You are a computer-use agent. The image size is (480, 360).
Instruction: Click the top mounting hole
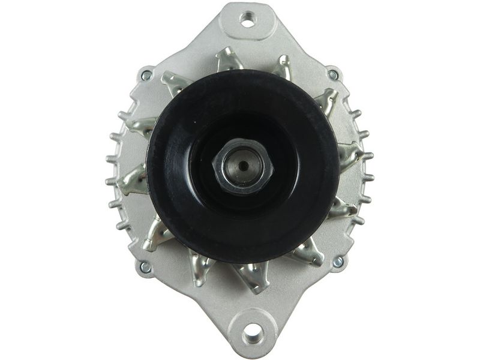[247, 19]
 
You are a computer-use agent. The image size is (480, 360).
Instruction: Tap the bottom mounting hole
[253, 331]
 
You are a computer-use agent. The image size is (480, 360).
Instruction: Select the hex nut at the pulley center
[242, 166]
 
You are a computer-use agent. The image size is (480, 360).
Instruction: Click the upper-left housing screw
[146, 76]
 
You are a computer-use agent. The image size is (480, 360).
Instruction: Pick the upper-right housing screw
[333, 75]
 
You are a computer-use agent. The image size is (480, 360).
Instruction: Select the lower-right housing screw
[338, 262]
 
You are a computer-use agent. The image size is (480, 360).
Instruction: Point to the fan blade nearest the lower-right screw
[310, 253]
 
